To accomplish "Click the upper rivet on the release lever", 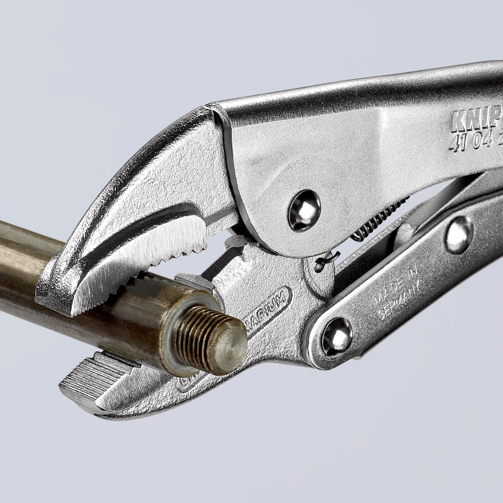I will click(x=460, y=238).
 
